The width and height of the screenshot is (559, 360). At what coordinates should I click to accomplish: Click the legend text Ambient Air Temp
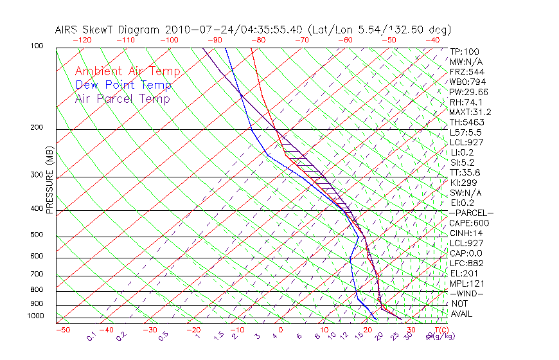click(x=127, y=71)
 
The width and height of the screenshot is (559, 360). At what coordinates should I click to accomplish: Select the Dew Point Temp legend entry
click(x=123, y=85)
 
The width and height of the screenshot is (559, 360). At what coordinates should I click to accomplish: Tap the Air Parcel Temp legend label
click(x=122, y=98)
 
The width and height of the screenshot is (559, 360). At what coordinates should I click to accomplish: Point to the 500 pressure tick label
click(x=36, y=235)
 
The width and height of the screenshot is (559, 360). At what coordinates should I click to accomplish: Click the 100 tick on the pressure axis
click(x=36, y=46)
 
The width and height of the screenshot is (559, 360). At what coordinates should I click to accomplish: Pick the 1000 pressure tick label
click(x=35, y=316)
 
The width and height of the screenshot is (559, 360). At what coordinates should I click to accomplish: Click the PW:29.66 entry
click(x=468, y=92)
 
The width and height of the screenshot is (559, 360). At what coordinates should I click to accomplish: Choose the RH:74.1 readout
click(x=466, y=102)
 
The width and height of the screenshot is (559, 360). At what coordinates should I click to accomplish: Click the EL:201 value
click(x=463, y=273)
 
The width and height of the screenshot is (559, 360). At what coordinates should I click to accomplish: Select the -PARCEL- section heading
click(x=471, y=213)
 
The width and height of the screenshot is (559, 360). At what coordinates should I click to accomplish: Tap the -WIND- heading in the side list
click(x=467, y=293)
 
